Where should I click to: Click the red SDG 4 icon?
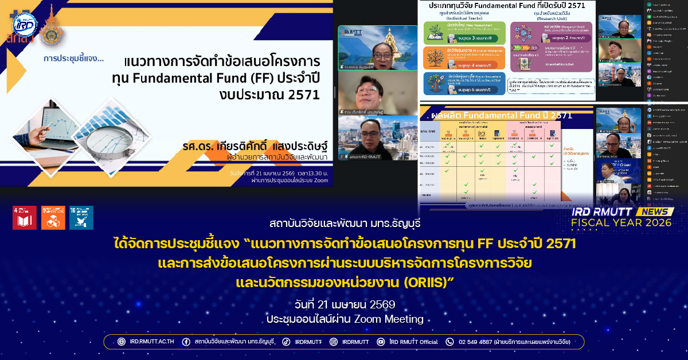(24, 218)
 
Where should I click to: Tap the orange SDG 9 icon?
(53, 218)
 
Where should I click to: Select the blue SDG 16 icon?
(81, 218)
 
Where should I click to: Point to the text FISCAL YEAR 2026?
(623, 224)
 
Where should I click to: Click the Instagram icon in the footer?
(334, 342)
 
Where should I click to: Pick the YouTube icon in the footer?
(381, 342)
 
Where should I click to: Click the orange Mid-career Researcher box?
(464, 58)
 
